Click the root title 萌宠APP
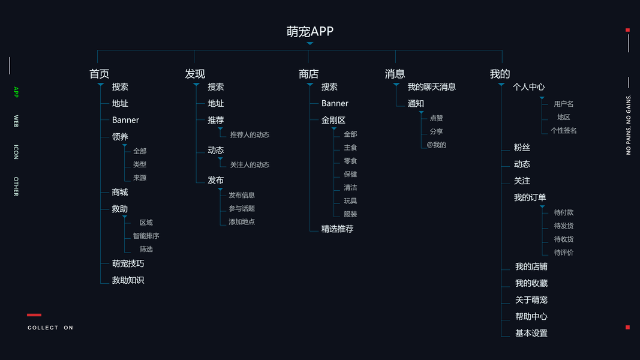310,32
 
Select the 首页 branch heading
100,74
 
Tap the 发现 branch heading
195,74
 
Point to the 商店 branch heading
308,74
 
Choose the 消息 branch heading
395,74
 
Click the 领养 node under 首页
120,137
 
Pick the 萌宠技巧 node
128,263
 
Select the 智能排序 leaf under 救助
146,236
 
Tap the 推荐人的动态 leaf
250,135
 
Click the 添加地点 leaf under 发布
242,222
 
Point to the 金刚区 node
333,120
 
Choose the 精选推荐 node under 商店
337,229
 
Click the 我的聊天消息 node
431,87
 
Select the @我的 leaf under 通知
436,145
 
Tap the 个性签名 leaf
564,130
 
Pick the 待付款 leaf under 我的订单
563,212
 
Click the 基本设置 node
531,333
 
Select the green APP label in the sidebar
16,92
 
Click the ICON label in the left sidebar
16,152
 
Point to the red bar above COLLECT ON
34,314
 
